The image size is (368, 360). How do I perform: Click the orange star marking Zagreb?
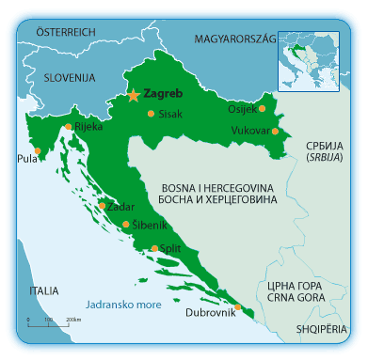point(134,95)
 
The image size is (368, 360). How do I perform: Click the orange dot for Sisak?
point(151,114)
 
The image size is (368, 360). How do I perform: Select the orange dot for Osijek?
point(263,109)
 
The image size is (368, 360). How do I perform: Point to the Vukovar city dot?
point(275,132)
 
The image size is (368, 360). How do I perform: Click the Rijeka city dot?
point(68,127)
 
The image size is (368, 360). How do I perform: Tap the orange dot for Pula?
point(37,150)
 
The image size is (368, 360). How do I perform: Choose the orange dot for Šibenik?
point(126,224)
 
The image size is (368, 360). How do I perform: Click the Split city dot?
point(155,248)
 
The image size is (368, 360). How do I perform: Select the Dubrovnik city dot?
point(237,306)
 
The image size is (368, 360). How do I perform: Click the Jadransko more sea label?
point(122,305)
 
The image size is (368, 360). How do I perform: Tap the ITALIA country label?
point(42,290)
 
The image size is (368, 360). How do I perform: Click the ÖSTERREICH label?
point(66,31)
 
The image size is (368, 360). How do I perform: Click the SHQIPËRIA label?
point(321,330)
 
